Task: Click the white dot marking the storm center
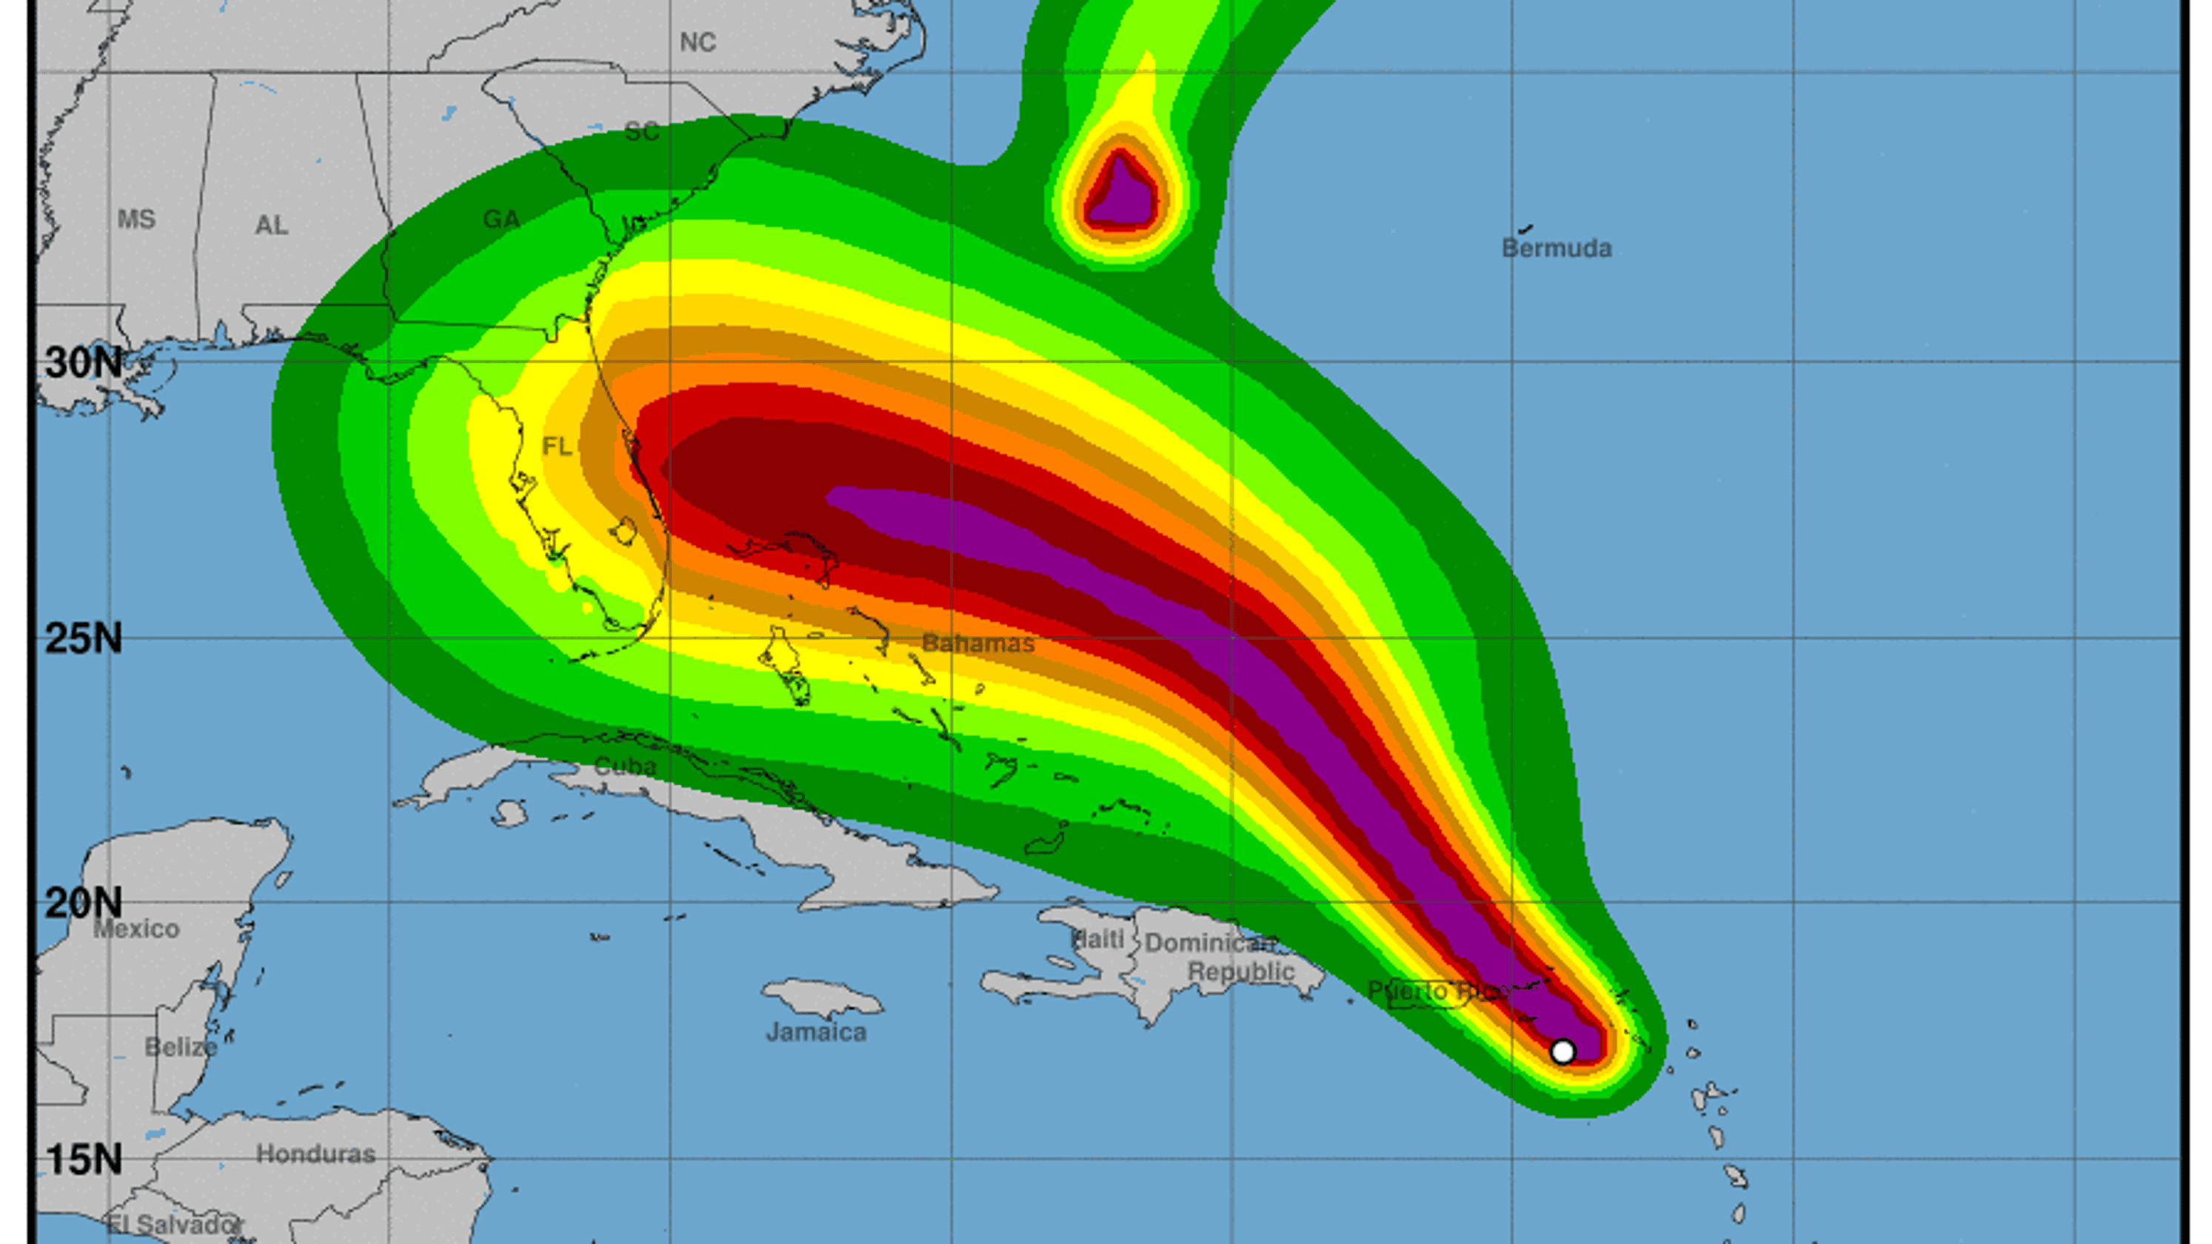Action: pos(1563,1051)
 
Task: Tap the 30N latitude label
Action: pos(83,362)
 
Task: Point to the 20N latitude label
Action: pos(83,903)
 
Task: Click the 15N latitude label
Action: pos(83,1159)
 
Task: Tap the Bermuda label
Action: pos(1556,249)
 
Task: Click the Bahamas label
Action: pos(978,643)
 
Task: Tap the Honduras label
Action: pos(315,1154)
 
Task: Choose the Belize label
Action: pos(181,1047)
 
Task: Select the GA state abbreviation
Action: pos(501,220)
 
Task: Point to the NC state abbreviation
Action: pos(698,42)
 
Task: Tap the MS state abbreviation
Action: pos(136,220)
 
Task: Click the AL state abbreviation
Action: pos(271,226)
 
